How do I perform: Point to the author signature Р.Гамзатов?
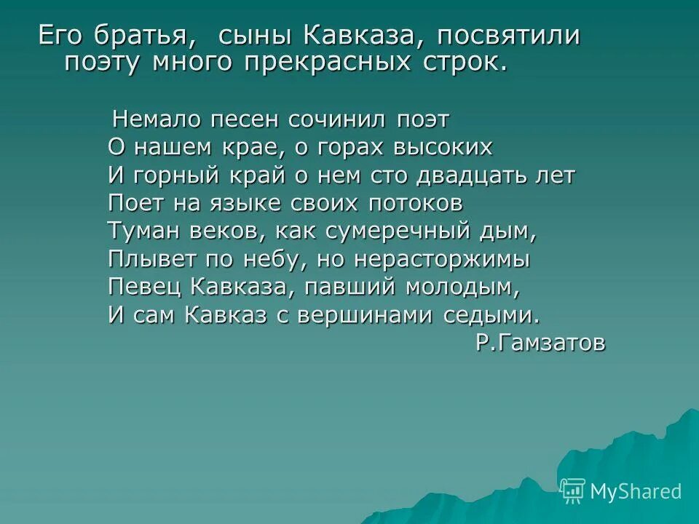tap(540, 342)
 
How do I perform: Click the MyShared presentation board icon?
tap(573, 491)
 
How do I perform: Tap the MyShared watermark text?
tap(636, 491)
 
